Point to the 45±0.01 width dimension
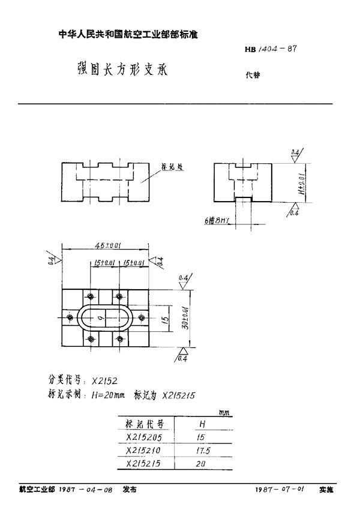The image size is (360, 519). (x=107, y=245)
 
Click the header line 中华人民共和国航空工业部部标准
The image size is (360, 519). (x=128, y=35)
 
